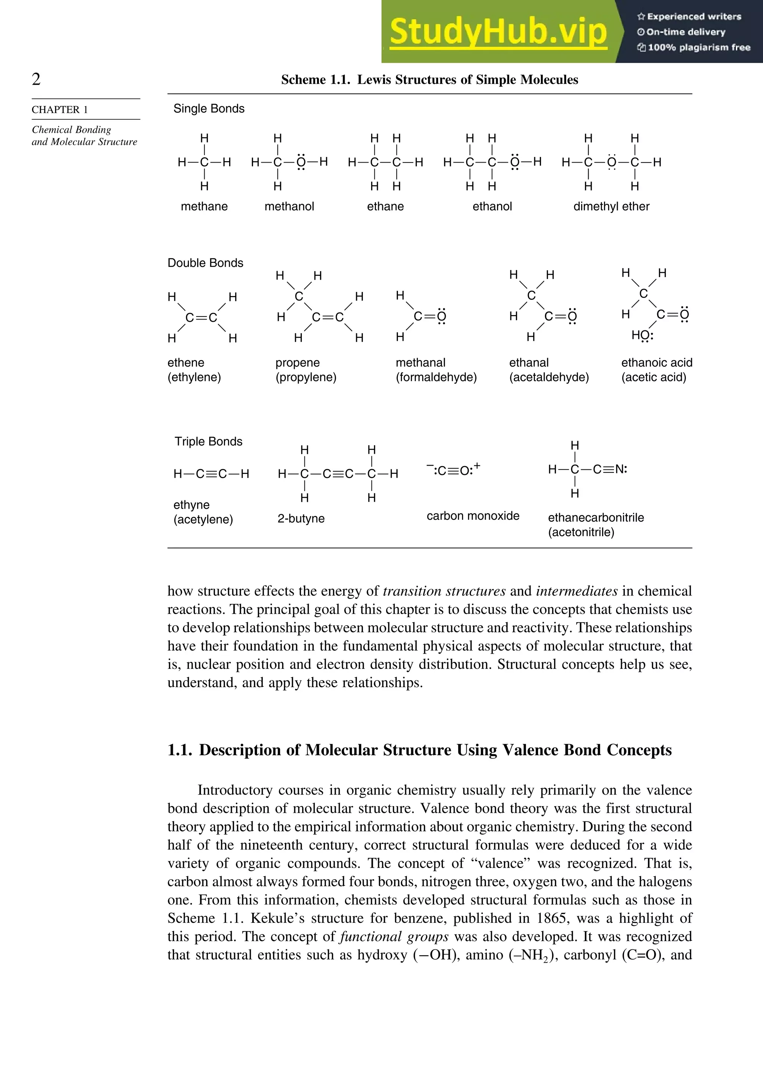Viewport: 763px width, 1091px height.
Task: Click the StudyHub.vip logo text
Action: click(498, 32)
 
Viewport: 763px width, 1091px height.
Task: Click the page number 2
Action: click(36, 79)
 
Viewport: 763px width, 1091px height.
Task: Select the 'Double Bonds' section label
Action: click(205, 263)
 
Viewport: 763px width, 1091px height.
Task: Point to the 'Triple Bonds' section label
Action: click(208, 441)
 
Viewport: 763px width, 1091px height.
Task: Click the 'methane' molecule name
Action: click(204, 206)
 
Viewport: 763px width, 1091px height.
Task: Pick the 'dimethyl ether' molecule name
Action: click(611, 206)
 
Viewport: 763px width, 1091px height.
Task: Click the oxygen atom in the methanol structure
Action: click(301, 163)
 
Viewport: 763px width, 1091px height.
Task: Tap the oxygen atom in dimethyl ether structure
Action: click(611, 163)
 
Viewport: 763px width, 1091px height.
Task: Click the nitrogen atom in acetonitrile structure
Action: click(620, 469)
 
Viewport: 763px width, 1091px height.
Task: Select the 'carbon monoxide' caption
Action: click(473, 516)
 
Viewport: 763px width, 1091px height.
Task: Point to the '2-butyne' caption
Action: click(301, 518)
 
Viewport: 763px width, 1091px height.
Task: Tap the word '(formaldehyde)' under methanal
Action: click(436, 377)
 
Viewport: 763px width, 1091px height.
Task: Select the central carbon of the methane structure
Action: click(204, 163)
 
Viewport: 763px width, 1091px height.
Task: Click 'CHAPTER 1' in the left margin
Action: click(60, 109)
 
